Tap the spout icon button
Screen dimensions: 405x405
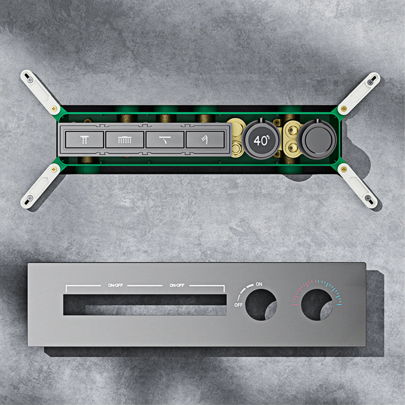pos(165,139)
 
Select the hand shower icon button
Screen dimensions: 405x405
pos(205,139)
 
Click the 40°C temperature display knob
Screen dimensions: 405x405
pos(261,140)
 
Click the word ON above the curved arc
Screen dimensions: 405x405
pos(259,284)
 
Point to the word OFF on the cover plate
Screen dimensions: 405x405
pos(238,305)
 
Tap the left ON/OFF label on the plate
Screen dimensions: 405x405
pos(115,286)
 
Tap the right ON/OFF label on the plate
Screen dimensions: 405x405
pos(177,286)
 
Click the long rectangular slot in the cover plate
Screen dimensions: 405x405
pos(145,305)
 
